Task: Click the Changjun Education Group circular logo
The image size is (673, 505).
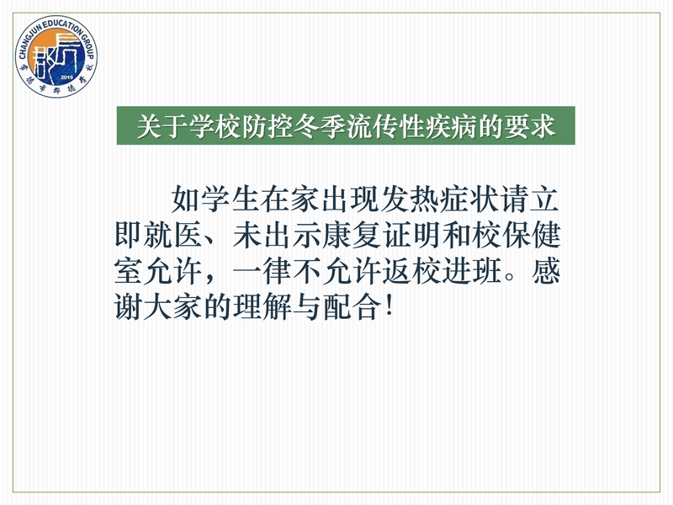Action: click(56, 56)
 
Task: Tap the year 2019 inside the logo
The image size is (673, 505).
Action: click(66, 77)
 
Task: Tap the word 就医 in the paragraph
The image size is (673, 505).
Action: click(173, 235)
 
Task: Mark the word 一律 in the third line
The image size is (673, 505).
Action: click(262, 271)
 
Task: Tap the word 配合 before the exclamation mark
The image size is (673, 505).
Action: click(352, 306)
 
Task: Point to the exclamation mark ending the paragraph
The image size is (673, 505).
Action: click(389, 306)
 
